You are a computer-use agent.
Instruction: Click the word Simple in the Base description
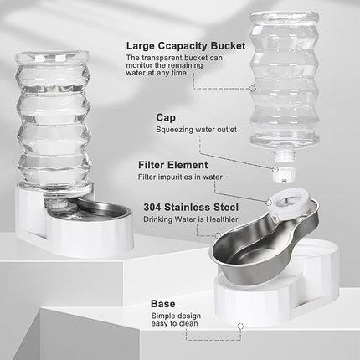click(x=163, y=318)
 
